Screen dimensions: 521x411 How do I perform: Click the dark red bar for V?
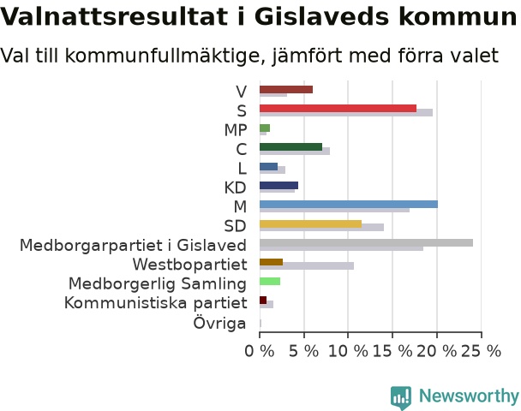tap(286, 90)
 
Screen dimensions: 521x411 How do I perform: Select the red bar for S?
tap(338, 109)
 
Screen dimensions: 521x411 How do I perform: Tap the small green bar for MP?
tap(265, 128)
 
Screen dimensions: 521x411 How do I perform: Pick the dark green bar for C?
tap(290, 147)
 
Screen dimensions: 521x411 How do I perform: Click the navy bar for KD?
tap(278, 186)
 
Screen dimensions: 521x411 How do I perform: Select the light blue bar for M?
tap(349, 205)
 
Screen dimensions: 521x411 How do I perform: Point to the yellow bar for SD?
tap(311, 223)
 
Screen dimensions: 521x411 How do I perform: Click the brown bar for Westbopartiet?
tap(271, 262)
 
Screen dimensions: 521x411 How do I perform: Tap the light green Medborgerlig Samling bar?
tap(270, 282)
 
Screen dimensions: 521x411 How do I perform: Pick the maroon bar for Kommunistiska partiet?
tap(263, 301)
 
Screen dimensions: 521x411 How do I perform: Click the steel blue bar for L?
tap(268, 166)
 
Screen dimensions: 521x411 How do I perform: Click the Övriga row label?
tap(219, 323)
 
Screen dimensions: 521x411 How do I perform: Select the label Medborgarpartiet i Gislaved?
tap(133, 246)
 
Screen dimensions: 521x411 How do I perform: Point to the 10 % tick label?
tap(348, 351)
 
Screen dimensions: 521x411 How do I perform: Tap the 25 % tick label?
tap(481, 351)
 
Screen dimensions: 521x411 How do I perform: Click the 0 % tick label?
tap(260, 351)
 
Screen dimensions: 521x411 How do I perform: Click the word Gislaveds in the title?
tap(321, 16)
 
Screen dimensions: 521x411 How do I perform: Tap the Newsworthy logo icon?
tap(401, 397)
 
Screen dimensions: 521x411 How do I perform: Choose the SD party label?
tap(236, 226)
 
